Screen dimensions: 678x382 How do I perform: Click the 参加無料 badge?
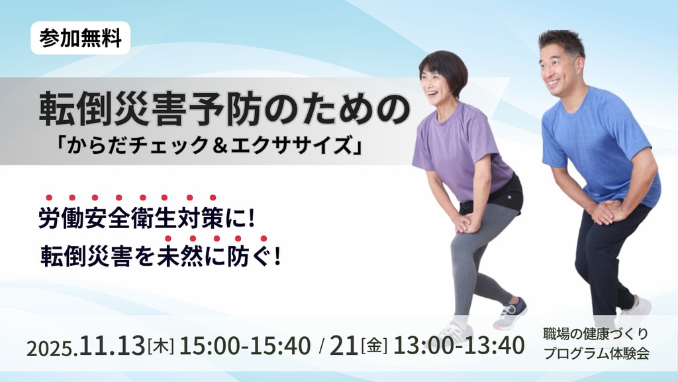(80, 38)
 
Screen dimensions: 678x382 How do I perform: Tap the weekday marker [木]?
(161, 346)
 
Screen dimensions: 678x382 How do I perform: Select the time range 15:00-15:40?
(245, 346)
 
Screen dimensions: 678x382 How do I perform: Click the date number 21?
(344, 346)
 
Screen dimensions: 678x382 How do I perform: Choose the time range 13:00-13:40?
(459, 346)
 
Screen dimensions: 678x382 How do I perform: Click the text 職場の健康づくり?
(596, 334)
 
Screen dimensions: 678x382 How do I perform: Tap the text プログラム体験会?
(597, 353)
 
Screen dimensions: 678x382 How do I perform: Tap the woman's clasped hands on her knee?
(466, 223)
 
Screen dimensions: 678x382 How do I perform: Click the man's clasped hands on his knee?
(606, 211)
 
